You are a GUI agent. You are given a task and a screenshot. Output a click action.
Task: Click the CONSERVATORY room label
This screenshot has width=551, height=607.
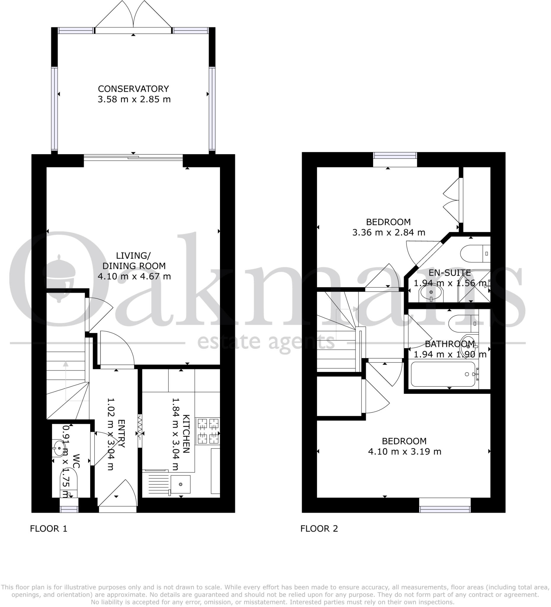[134, 89]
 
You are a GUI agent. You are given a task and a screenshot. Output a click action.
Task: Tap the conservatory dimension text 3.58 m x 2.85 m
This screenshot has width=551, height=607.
[134, 99]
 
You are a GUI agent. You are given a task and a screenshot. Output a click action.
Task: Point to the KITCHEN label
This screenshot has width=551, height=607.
[186, 434]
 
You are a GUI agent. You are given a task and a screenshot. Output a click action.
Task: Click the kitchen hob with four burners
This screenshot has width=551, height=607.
[208, 431]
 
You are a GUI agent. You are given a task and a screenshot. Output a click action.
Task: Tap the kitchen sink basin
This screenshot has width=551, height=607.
[180, 484]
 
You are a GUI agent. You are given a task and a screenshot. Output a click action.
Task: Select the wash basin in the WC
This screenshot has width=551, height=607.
[59, 448]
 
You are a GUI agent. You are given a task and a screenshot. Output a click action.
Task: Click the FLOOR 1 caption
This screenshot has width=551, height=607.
[49, 529]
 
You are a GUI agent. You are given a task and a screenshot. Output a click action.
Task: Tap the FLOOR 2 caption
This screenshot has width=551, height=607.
[319, 529]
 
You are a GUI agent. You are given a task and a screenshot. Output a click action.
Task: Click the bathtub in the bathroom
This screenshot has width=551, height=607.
[443, 374]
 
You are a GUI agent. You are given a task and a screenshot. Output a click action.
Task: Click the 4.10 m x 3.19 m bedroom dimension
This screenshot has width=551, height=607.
[404, 452]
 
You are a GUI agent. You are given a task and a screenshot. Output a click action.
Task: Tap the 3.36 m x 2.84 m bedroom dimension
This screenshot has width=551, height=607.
[388, 232]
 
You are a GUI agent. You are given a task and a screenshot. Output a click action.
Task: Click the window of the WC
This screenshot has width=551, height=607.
[69, 509]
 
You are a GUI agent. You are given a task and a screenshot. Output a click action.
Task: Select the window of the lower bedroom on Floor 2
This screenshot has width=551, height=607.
[445, 509]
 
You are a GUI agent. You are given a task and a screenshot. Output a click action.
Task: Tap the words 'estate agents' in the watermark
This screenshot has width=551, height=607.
[266, 342]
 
